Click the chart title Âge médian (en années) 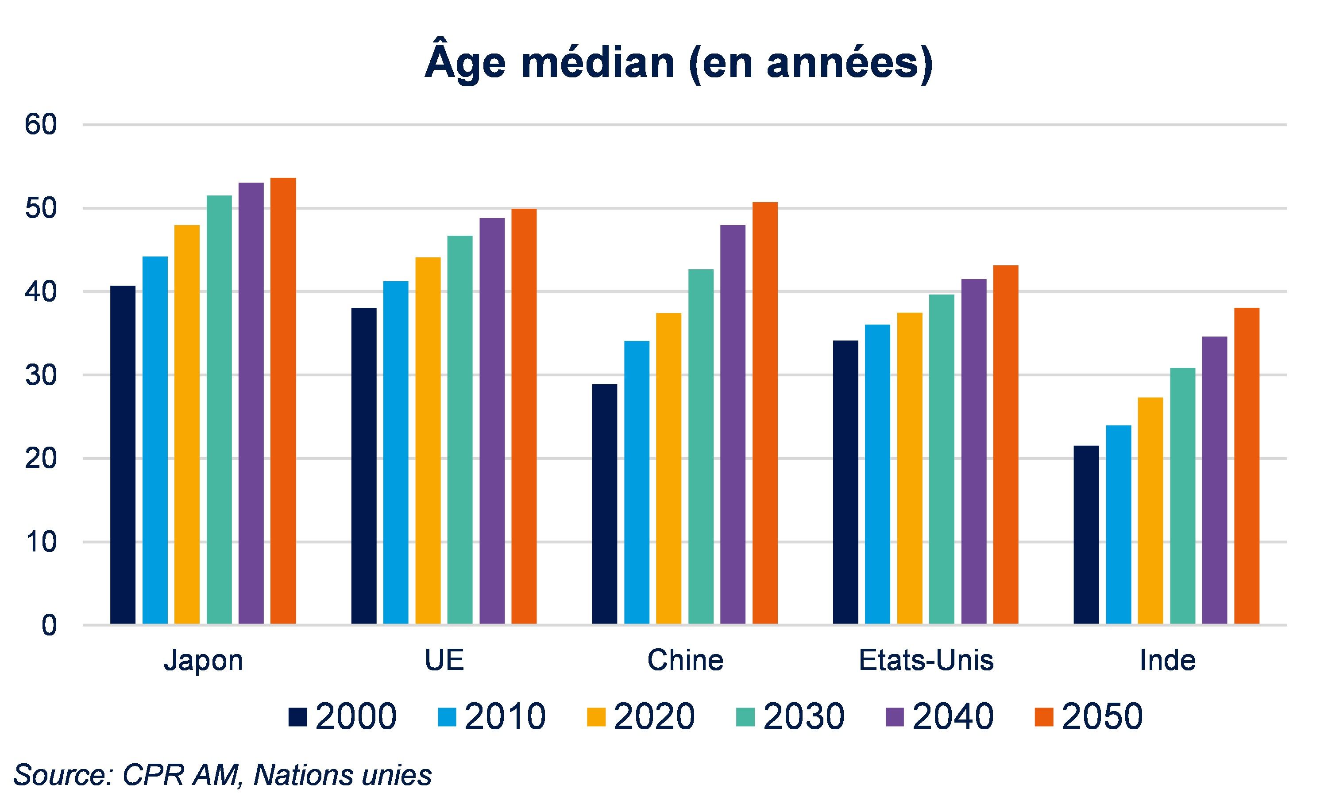679,64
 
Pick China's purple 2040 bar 733,424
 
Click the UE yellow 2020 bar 428,440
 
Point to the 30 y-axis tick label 41,375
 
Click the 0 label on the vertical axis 49,626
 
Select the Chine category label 685,660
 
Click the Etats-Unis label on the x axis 926,660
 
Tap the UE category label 444,660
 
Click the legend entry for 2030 790,716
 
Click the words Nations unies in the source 343,774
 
